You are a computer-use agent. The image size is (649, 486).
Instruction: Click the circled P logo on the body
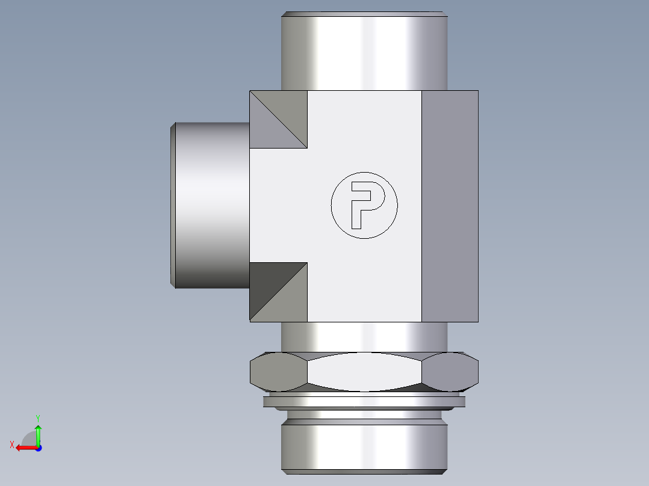click(364, 205)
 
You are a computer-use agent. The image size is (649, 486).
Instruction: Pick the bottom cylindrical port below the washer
click(364, 445)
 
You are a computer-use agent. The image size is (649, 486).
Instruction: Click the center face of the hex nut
click(364, 372)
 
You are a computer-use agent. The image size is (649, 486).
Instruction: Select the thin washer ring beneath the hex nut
click(364, 402)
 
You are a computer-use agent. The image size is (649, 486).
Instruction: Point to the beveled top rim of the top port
click(364, 14)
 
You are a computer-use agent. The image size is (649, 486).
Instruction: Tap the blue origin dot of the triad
click(38, 448)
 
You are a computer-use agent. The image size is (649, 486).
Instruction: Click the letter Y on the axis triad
click(37, 417)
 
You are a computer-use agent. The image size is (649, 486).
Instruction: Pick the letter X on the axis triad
click(11, 444)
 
